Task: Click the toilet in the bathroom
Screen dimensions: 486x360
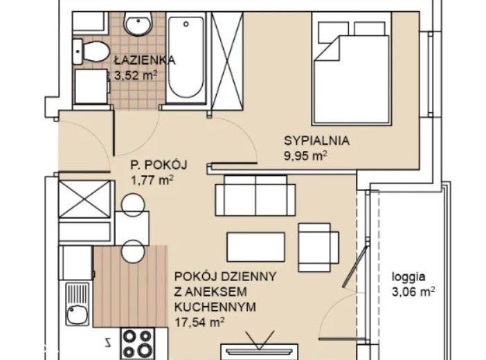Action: tap(91, 52)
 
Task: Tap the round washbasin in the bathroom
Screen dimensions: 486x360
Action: tap(138, 24)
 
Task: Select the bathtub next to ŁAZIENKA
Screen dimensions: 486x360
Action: tap(186, 57)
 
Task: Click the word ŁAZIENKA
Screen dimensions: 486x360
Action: tap(145, 60)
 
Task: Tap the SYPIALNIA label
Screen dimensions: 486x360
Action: tap(317, 141)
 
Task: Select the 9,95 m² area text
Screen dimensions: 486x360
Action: tap(305, 155)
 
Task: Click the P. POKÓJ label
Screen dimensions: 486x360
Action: tap(159, 165)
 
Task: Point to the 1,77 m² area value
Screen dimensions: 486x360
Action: tap(152, 180)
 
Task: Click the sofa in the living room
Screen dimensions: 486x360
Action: tap(255, 195)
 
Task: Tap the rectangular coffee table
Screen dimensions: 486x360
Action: tap(256, 247)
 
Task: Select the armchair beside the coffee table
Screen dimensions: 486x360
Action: tap(318, 247)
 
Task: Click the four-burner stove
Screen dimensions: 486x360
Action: tap(138, 343)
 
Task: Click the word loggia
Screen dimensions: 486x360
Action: tap(408, 276)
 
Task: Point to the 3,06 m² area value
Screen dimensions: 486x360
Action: tap(413, 291)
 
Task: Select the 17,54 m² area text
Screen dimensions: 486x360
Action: tap(199, 322)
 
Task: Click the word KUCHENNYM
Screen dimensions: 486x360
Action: tap(215, 307)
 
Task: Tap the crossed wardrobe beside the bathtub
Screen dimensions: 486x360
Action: tap(227, 58)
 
